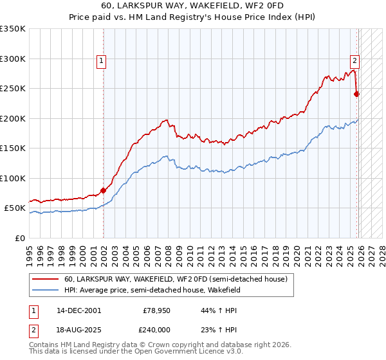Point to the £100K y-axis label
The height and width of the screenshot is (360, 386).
click(13, 178)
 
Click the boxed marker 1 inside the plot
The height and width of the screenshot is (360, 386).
click(102, 62)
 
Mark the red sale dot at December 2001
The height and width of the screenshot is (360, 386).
click(104, 191)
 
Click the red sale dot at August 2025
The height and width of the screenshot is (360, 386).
click(356, 94)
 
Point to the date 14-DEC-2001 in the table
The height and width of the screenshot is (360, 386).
click(78, 310)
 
